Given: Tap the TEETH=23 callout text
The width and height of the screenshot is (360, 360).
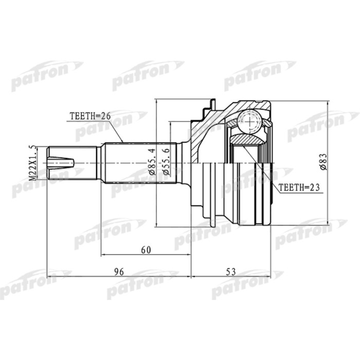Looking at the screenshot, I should [x=299, y=188].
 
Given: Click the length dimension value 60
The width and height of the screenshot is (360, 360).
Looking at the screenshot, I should [x=146, y=250].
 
